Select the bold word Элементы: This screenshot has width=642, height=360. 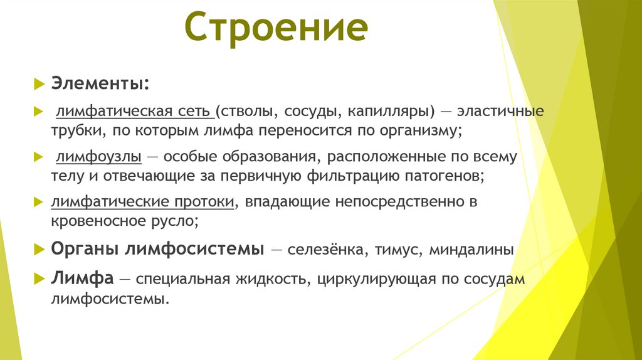point(100,83)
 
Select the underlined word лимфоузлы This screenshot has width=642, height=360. point(98,156)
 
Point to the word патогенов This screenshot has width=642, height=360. point(441,176)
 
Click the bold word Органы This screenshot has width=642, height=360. point(85,249)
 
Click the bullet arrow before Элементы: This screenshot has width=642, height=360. point(39,83)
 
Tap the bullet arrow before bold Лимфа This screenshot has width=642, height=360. point(39,278)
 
